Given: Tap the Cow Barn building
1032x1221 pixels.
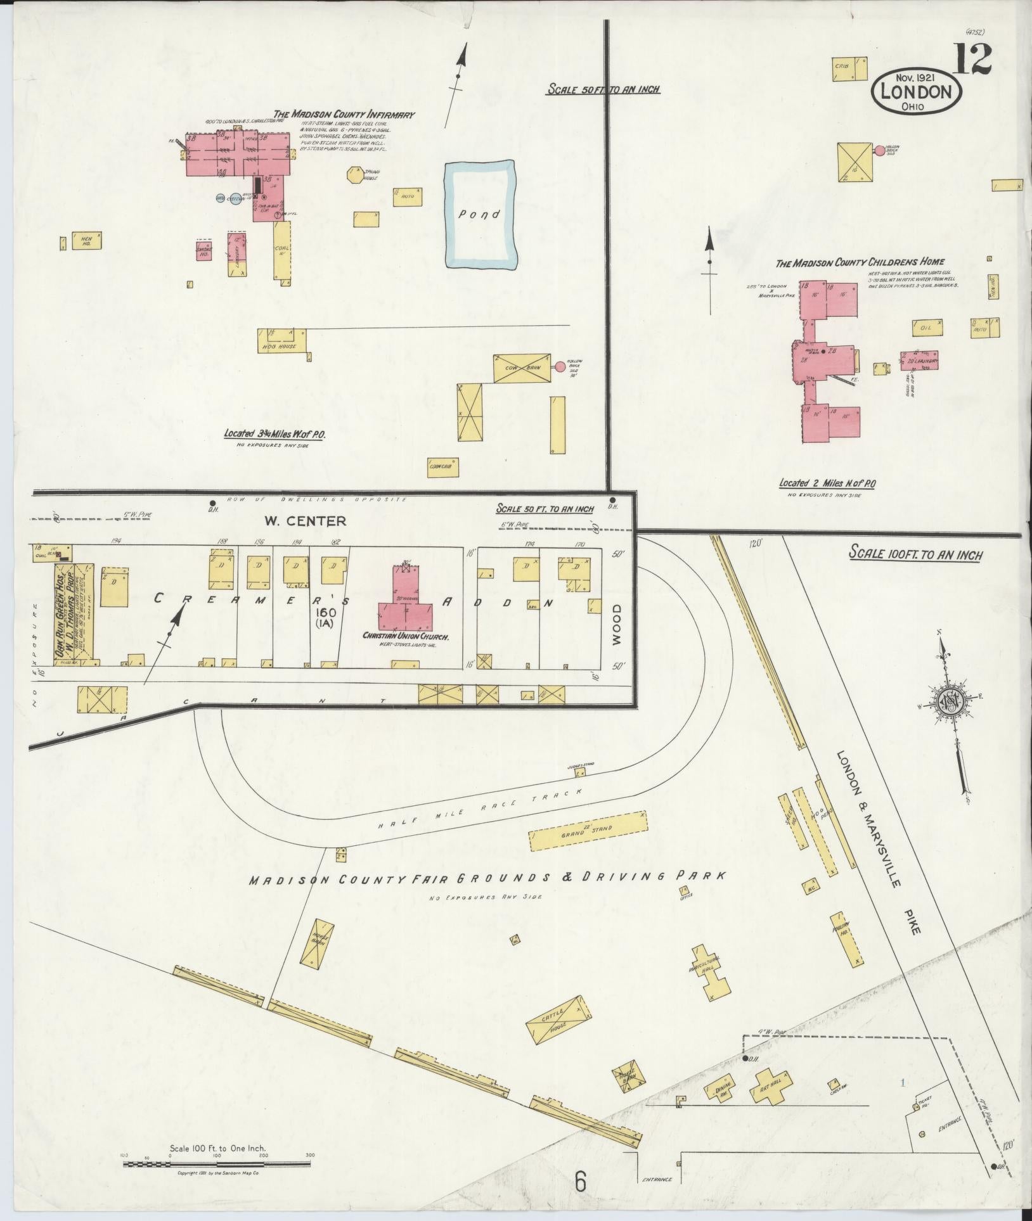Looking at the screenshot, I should pos(521,368).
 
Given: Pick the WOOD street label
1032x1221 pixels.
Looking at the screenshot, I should pos(618,625).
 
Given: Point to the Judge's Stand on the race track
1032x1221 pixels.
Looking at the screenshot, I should pos(579,772).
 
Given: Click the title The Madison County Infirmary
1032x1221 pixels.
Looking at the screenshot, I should pos(344,115).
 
